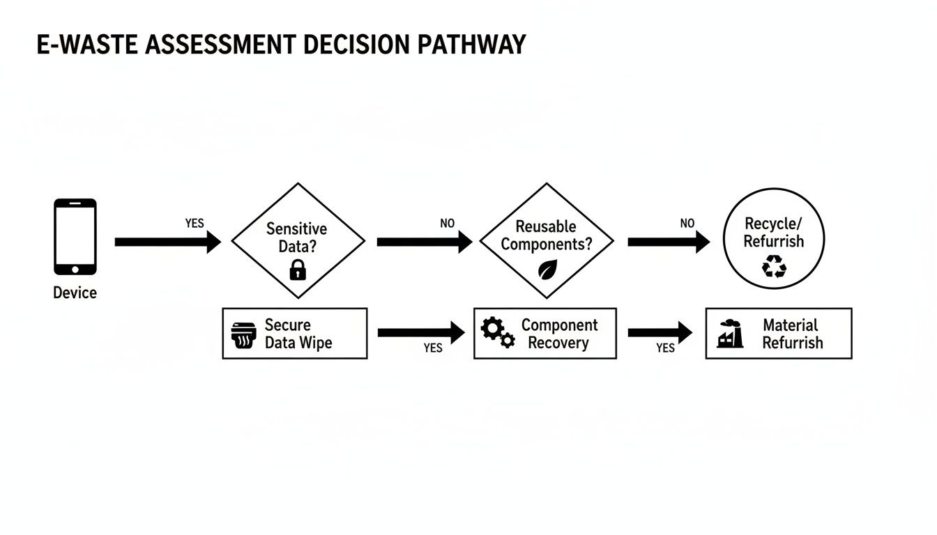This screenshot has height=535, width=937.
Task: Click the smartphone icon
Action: tap(75, 237)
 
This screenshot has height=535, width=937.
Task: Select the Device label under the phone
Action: tap(75, 293)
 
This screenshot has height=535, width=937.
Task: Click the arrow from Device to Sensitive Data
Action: tap(167, 242)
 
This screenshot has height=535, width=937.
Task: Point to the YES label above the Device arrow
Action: tap(195, 224)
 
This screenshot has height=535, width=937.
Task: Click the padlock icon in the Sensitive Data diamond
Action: tap(298, 269)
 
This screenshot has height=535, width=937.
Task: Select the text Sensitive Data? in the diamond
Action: tap(297, 237)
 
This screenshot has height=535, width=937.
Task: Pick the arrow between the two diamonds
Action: tap(424, 242)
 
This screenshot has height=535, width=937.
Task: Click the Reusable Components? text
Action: tap(547, 235)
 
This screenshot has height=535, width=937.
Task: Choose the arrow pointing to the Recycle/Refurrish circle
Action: tap(668, 242)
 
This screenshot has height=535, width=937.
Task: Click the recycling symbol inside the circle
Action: tap(774, 266)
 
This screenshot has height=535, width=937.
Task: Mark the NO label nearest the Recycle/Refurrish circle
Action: tap(687, 224)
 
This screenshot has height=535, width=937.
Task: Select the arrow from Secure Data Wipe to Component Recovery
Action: tap(420, 333)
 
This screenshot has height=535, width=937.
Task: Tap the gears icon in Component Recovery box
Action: tap(498, 333)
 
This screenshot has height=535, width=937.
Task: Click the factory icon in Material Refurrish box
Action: tap(730, 334)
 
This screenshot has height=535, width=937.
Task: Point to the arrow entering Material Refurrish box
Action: tap(660, 333)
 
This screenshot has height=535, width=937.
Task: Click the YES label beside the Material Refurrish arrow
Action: tap(665, 348)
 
